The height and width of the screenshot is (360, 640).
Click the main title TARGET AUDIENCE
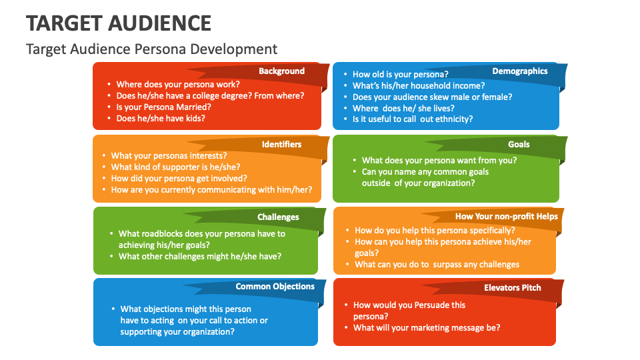tap(119, 23)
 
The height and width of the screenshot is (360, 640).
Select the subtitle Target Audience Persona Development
tap(151, 49)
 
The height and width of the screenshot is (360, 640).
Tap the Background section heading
tap(281, 71)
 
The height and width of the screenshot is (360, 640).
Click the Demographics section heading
tap(519, 71)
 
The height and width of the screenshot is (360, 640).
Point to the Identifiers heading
tap(281, 144)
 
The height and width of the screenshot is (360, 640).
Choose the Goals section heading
tap(519, 144)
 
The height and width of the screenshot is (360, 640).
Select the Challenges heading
tap(278, 217)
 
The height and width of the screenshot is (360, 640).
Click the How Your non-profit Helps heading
tap(506, 216)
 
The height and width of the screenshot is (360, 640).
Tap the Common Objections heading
tap(275, 287)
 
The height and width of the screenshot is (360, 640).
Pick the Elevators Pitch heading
tap(512, 287)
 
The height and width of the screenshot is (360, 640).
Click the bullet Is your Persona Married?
tap(163, 107)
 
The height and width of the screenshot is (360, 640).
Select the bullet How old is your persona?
tap(400, 74)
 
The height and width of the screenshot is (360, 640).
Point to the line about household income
tap(418, 85)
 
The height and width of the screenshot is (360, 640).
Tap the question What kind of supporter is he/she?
tap(175, 167)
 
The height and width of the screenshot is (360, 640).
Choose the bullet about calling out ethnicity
tap(412, 119)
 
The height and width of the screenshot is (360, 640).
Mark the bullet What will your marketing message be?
tap(426, 327)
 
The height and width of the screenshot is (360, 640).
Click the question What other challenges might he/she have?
tap(199, 256)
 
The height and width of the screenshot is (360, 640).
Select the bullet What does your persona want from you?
tap(439, 160)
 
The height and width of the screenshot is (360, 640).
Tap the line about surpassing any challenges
tap(437, 264)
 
